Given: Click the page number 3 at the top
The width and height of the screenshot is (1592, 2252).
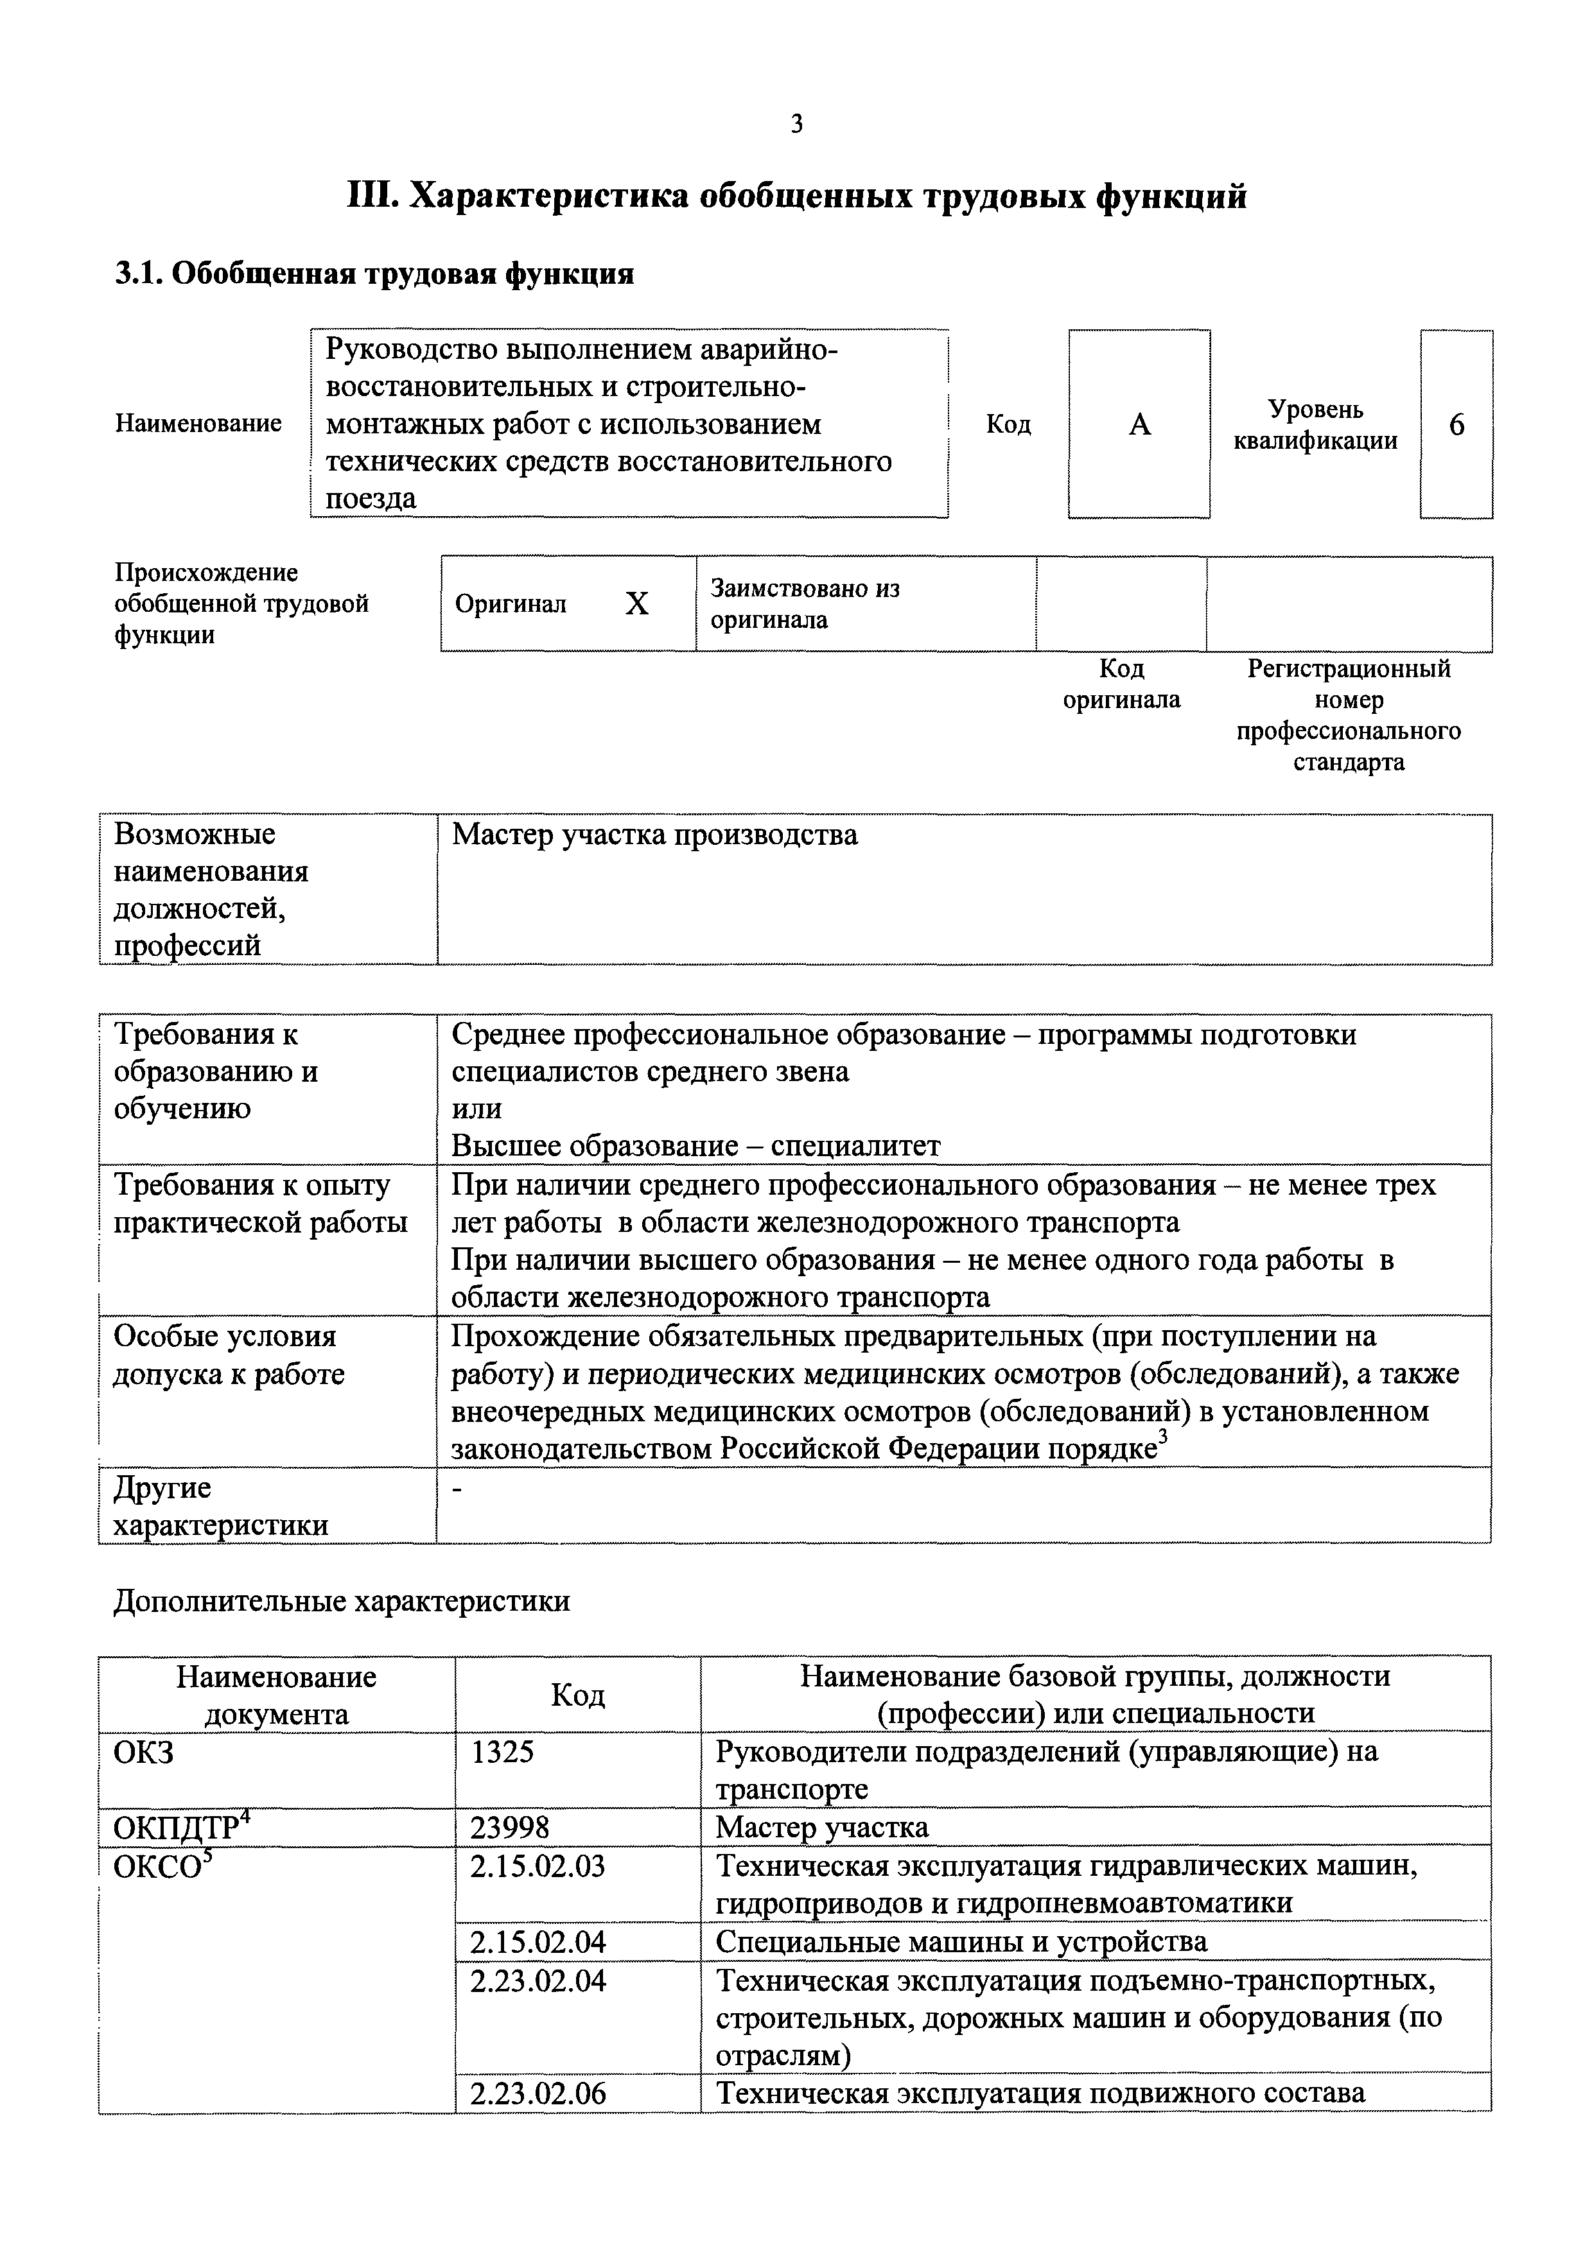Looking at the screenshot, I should pos(796,125).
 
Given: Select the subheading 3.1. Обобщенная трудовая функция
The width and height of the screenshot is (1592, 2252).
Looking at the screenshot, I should pos(374,273).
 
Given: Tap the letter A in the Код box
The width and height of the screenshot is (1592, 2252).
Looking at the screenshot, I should pos(1139,425).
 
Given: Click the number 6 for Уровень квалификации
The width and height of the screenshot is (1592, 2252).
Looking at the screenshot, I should pos(1456,425).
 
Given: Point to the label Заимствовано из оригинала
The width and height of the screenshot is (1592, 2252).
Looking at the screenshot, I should pos(804,604).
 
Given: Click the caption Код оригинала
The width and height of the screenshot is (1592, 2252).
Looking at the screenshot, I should pos(1121,684).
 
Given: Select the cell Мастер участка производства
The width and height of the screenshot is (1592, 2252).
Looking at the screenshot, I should pos(654,835).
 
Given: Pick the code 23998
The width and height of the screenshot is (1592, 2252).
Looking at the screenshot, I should pos(510,1827).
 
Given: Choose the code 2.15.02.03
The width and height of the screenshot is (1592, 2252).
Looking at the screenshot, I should pos(538,1866).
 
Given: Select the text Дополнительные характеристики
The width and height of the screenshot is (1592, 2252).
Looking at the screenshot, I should pos(342,1602).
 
